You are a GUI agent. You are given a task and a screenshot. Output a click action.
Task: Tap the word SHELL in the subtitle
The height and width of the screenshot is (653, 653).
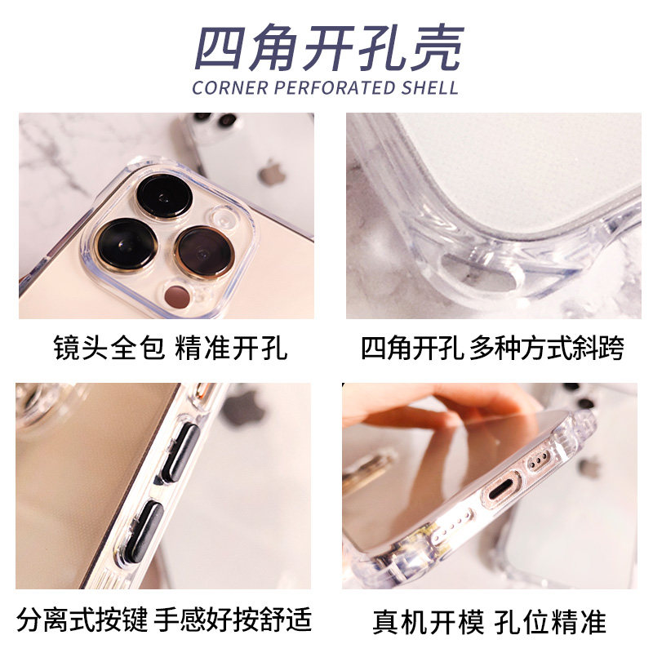click(429, 88)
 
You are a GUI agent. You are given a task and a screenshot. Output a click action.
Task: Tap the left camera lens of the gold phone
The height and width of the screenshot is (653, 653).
click(126, 243)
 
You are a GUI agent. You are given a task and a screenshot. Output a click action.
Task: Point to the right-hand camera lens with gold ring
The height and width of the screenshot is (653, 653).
click(204, 252)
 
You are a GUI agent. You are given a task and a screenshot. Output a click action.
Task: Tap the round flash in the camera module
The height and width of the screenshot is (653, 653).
click(224, 217)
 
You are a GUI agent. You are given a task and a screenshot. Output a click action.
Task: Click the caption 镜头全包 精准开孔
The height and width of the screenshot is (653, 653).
click(171, 349)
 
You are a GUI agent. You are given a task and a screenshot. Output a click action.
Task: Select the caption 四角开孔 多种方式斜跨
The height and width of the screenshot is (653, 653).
click(492, 349)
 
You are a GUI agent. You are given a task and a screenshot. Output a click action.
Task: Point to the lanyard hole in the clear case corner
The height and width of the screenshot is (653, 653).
click(479, 272)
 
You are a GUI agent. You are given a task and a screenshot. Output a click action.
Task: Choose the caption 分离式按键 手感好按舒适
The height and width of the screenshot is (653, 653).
click(164, 620)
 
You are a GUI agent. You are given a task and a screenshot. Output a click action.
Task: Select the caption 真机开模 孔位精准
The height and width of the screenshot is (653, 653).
click(490, 621)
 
